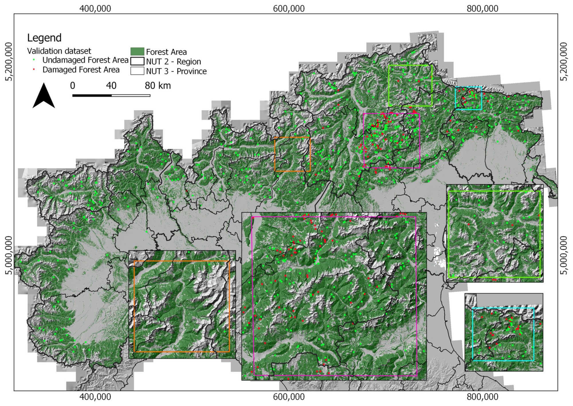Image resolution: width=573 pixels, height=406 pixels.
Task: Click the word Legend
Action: coord(44,38)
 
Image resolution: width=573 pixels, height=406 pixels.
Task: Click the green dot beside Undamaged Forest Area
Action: coord(34,60)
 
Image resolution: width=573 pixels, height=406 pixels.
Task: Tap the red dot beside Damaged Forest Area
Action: coord(34,70)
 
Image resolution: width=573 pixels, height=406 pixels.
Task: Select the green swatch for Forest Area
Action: coord(137,52)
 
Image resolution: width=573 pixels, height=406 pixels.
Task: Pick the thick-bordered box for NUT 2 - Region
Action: coord(137,61)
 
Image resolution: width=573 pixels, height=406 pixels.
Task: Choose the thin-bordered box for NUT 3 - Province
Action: coord(137,71)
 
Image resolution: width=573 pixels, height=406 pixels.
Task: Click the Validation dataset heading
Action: coord(59,51)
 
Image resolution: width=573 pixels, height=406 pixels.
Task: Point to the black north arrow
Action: coord(44,96)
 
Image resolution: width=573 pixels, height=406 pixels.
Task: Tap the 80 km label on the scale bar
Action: coord(158,85)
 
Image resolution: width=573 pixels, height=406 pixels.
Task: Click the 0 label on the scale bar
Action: coord(73,85)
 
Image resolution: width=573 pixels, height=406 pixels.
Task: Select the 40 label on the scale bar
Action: coord(111,85)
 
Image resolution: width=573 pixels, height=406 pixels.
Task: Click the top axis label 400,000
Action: coord(95,9)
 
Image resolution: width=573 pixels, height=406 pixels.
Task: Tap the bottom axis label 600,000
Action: coord(289,397)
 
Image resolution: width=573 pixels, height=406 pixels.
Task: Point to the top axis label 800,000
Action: coord(482,9)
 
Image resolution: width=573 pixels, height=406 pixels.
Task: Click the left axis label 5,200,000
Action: coord(9,62)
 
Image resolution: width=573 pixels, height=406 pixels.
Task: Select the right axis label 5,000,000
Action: coord(564,255)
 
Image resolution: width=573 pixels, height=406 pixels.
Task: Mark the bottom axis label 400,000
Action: coord(95,397)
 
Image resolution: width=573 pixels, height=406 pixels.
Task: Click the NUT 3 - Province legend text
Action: coord(176,71)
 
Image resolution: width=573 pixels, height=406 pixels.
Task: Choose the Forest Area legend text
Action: coord(166,52)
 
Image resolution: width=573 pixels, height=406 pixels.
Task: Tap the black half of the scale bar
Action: coord(92,95)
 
